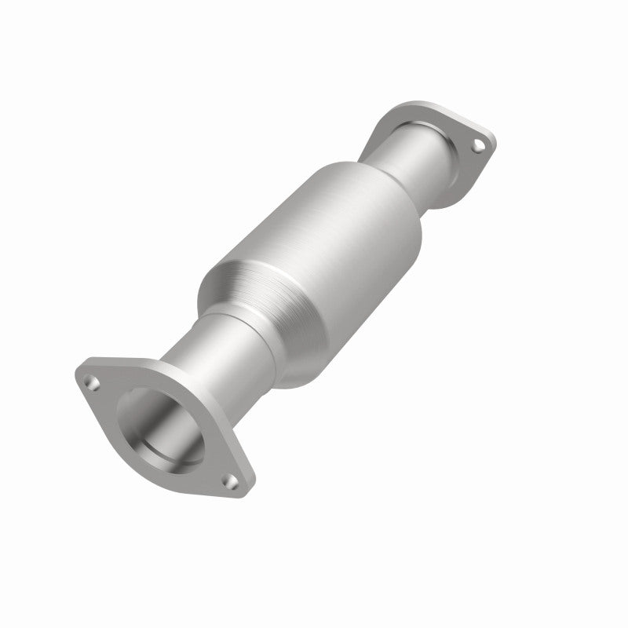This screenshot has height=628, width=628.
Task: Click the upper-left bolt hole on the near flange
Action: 93,382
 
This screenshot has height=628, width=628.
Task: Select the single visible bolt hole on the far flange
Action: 476,144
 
